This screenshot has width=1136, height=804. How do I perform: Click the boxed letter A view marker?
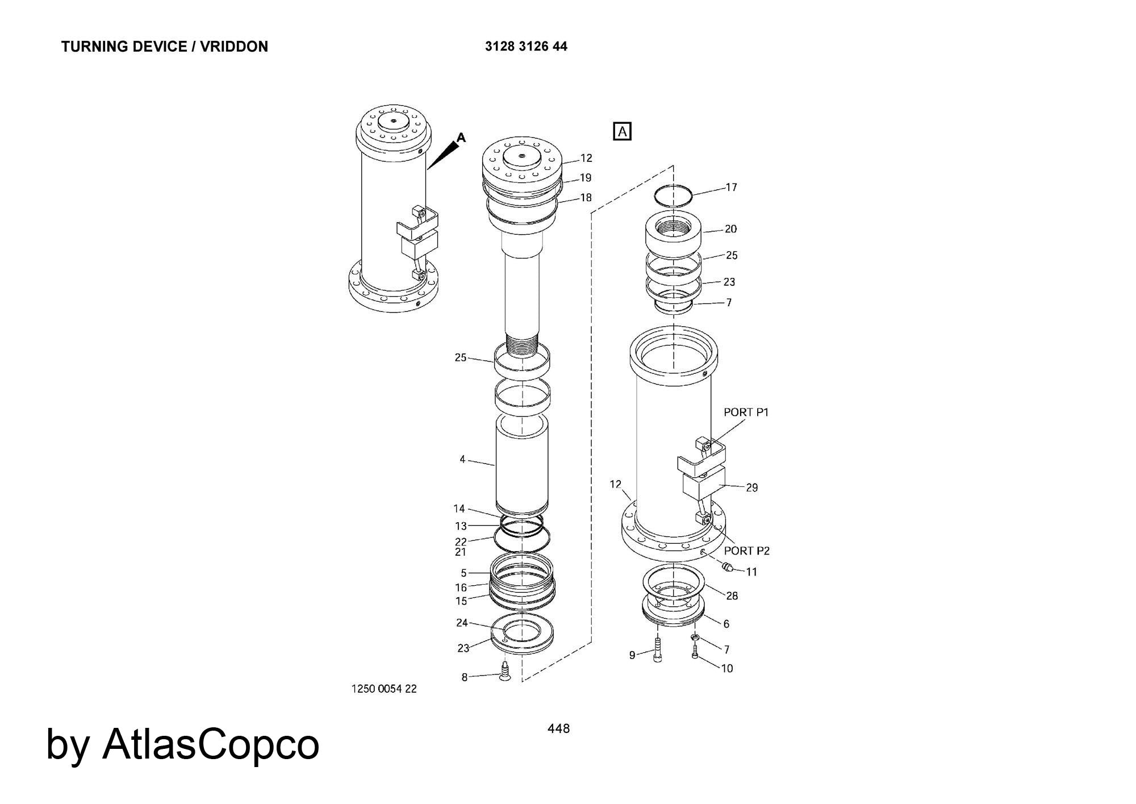[x=623, y=131]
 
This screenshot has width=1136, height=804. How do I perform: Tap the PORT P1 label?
[x=746, y=412]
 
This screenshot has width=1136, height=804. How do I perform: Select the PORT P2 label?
[x=747, y=551]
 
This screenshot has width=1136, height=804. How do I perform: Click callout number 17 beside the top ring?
[x=731, y=187]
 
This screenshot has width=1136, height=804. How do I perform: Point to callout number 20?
[x=730, y=229]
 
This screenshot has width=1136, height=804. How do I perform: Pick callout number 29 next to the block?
[x=751, y=488]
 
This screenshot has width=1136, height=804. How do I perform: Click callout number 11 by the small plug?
[x=751, y=572]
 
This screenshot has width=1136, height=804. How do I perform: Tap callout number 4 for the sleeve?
[x=462, y=459]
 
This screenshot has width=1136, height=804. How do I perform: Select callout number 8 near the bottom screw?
[x=464, y=677]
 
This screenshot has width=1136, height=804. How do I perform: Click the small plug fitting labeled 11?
[x=726, y=566]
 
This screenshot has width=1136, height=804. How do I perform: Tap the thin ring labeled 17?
[x=673, y=196]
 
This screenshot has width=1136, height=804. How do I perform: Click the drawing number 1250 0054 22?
[x=384, y=689]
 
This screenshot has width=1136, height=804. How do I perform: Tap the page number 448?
[x=558, y=728]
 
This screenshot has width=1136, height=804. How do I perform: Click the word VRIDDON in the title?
[x=234, y=47]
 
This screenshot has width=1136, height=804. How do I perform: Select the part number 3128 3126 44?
[x=526, y=47]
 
